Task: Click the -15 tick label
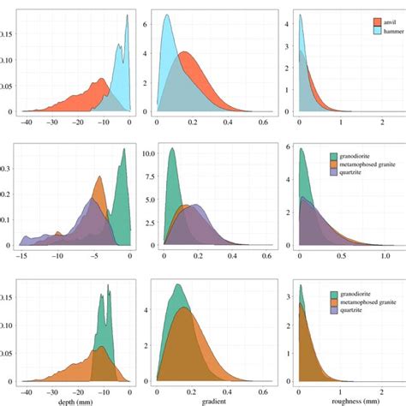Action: (22, 255)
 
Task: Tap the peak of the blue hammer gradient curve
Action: (167, 15)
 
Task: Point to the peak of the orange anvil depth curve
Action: (103, 80)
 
